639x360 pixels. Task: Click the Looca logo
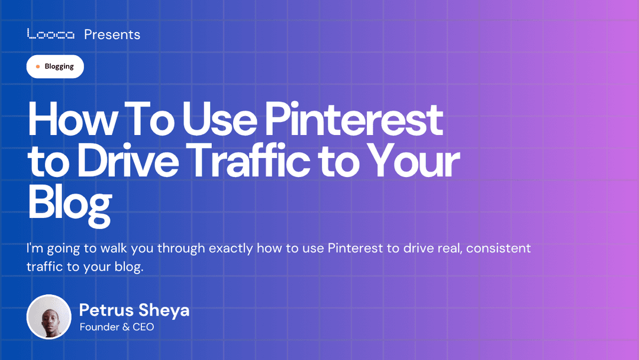[x=51, y=34]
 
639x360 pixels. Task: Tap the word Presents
[x=112, y=34]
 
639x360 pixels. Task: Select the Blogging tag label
[x=59, y=67]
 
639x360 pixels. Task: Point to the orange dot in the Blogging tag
[x=38, y=67]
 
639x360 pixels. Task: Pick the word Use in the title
[x=219, y=120]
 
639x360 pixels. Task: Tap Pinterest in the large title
[x=353, y=120]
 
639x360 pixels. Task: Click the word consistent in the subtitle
[x=498, y=248]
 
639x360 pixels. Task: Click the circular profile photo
[x=49, y=317]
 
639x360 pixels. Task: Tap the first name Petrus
[x=105, y=310]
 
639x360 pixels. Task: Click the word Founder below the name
[x=99, y=327]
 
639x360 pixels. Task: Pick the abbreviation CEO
[x=143, y=327]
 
